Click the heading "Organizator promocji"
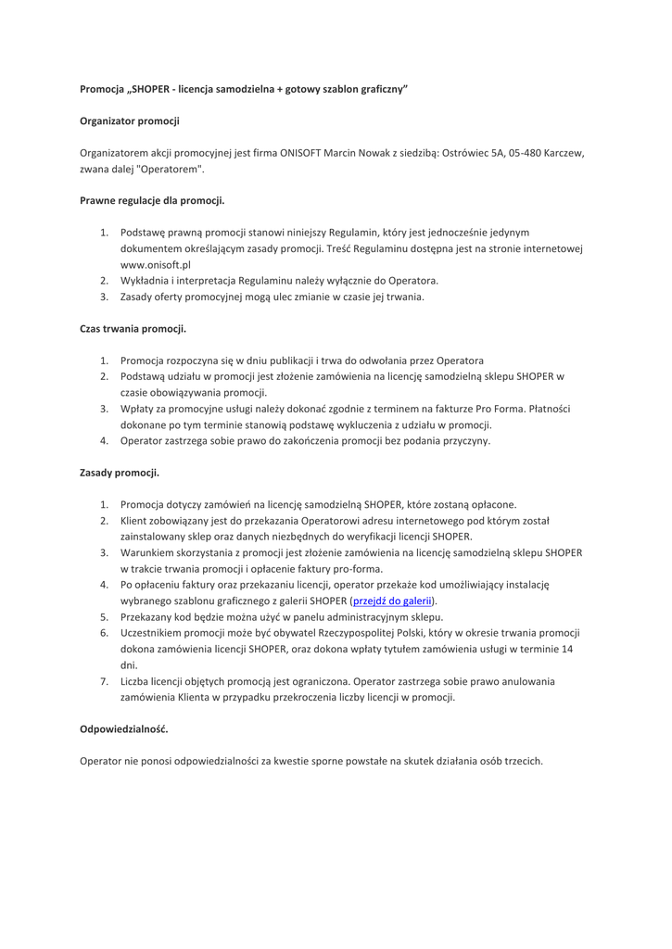[130, 120]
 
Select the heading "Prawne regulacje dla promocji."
[152, 199]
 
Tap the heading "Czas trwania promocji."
[133, 328]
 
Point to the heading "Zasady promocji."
[120, 473]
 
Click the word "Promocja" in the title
[103, 89]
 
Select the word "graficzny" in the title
[379, 89]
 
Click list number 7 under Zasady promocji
[105, 681]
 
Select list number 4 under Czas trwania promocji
[105, 440]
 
